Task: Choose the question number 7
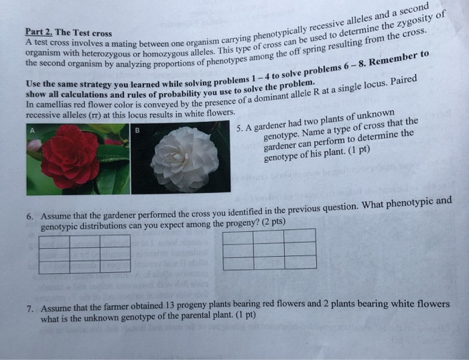(31, 309)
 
